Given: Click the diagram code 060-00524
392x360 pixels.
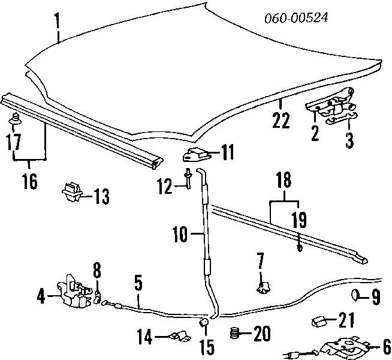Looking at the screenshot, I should pyautogui.click(x=296, y=18).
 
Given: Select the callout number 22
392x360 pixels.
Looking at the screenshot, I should pyautogui.click(x=281, y=120).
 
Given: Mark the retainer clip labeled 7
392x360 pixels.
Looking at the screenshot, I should pyautogui.click(x=262, y=287).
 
